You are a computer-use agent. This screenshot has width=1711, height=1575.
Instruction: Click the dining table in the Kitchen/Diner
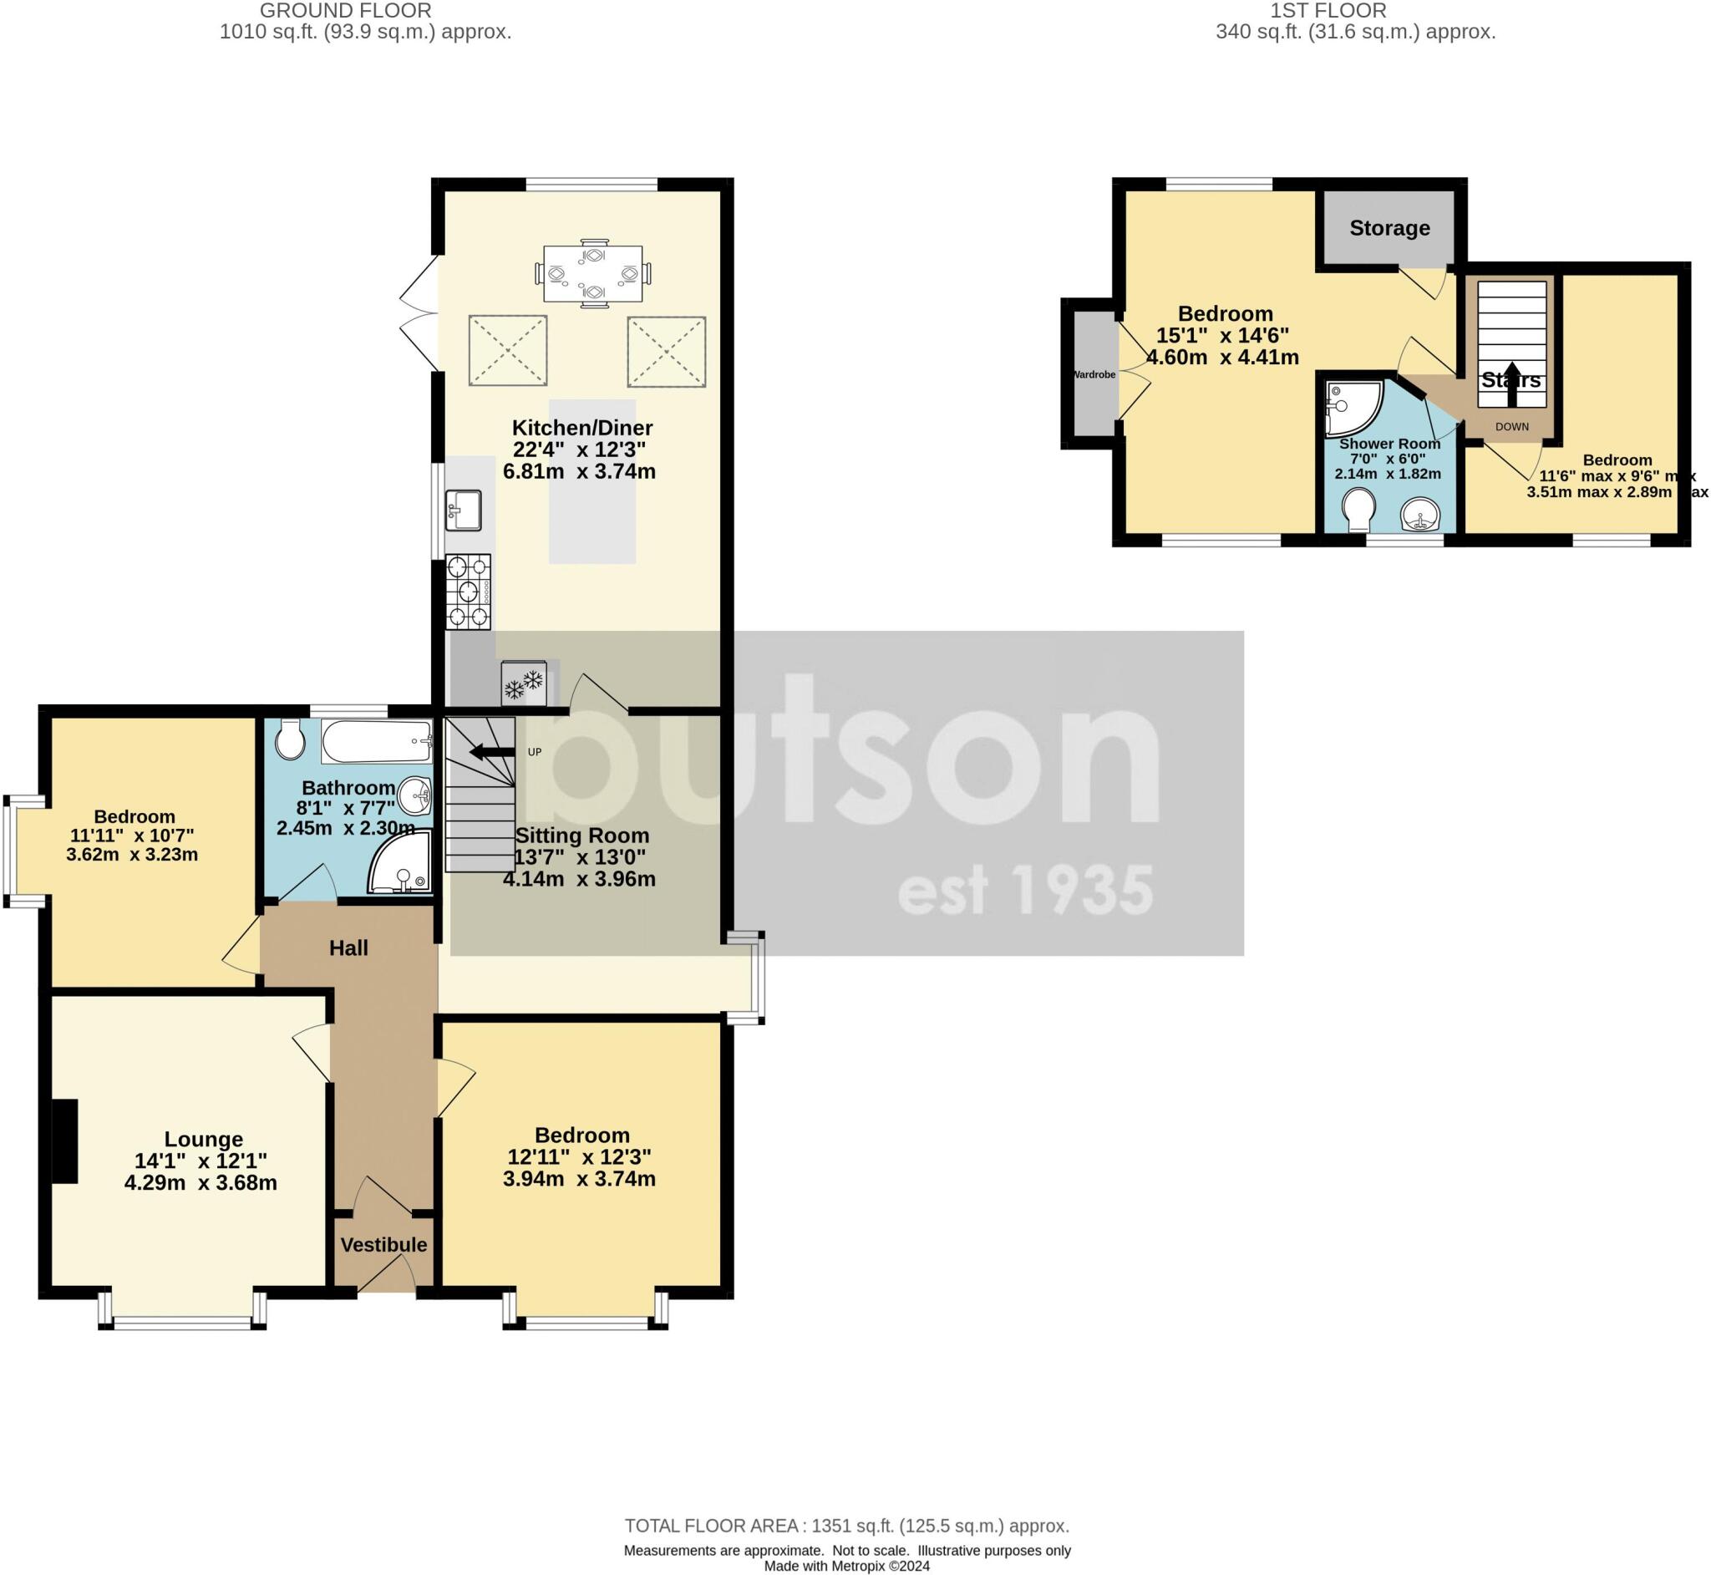pyautogui.click(x=593, y=273)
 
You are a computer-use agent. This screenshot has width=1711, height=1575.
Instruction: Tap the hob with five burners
pyautogui.click(x=468, y=592)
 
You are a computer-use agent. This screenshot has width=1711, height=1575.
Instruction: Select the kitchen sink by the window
pyautogui.click(x=464, y=510)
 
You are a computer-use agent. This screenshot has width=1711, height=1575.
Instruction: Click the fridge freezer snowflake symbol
pyautogui.click(x=523, y=683)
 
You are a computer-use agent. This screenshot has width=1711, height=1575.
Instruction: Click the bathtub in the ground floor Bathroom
pyautogui.click(x=377, y=740)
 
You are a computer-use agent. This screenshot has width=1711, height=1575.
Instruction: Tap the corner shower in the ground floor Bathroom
pyautogui.click(x=400, y=863)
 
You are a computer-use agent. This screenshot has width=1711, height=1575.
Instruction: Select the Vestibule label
pyautogui.click(x=383, y=1244)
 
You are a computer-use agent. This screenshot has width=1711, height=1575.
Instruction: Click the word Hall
pyautogui.click(x=348, y=948)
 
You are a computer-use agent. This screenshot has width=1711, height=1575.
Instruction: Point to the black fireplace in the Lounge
pyautogui.click(x=63, y=1141)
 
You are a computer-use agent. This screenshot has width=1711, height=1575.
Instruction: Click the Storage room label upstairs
pyautogui.click(x=1389, y=227)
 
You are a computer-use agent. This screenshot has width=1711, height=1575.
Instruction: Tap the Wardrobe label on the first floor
pyautogui.click(x=1094, y=374)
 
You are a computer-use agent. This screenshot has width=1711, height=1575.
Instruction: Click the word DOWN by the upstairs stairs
pyautogui.click(x=1511, y=426)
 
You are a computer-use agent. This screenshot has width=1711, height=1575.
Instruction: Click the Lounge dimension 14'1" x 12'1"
pyautogui.click(x=201, y=1161)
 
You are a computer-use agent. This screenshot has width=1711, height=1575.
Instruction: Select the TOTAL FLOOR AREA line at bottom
pyautogui.click(x=846, y=1526)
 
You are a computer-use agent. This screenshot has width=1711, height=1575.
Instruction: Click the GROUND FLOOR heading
pyautogui.click(x=345, y=11)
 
